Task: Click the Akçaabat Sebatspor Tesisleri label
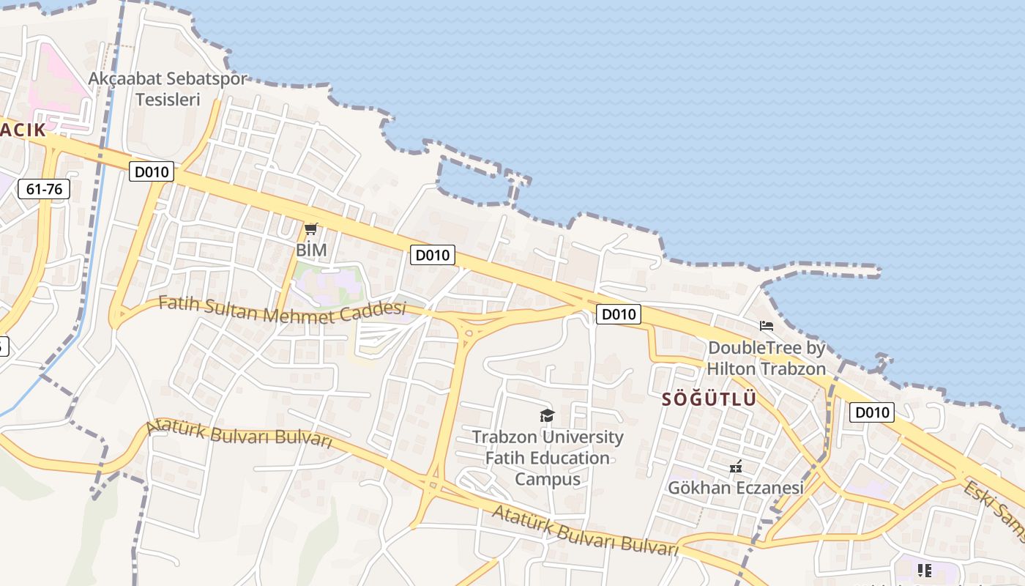(168, 88)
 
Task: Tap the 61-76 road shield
(45, 189)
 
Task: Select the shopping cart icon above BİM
(311, 229)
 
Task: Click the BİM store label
(311, 250)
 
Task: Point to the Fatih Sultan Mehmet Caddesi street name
(282, 311)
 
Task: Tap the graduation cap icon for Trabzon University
(547, 416)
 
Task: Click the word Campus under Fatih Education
(547, 479)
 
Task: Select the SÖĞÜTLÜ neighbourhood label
(709, 400)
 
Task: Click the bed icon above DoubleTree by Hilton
(767, 326)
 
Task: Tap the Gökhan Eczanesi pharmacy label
(736, 487)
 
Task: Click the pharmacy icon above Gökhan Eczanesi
(736, 467)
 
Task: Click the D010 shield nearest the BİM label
(432, 255)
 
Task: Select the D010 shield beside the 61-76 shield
(152, 172)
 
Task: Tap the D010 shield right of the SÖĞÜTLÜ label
(872, 412)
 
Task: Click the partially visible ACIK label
(23, 130)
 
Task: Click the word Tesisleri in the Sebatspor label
(168, 99)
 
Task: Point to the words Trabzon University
(547, 437)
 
